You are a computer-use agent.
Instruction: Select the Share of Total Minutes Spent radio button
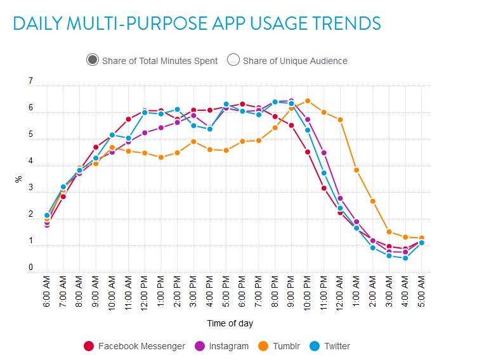click(93, 60)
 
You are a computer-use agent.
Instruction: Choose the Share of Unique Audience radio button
click(233, 60)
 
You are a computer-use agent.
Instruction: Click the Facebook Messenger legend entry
click(134, 346)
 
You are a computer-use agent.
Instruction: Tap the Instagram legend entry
click(222, 346)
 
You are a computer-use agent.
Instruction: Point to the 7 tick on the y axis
click(30, 82)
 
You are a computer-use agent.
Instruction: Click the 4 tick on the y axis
click(30, 162)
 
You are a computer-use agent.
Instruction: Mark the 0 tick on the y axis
click(30, 268)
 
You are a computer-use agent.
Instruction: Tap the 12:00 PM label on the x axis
click(145, 293)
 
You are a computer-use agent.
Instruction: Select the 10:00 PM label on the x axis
click(308, 293)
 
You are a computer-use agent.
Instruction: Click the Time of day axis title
click(230, 323)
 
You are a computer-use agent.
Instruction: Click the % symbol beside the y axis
click(18, 179)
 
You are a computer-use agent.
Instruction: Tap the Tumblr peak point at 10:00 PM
click(308, 101)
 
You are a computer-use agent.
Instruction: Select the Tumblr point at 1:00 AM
click(356, 170)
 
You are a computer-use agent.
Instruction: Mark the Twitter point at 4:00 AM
click(405, 258)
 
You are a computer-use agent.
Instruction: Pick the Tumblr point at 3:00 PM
click(193, 141)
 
